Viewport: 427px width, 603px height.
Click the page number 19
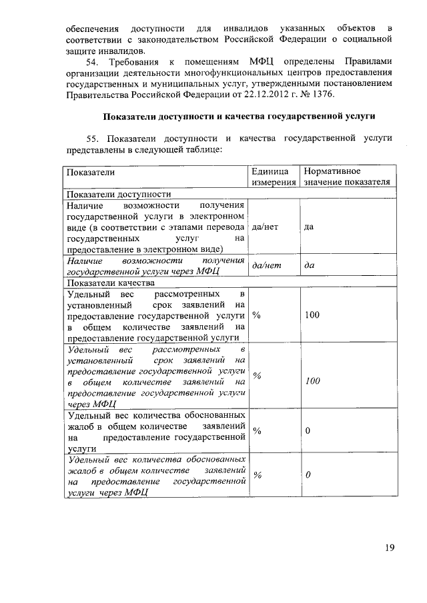tap(389, 548)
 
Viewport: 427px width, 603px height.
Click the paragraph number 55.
tap(93, 138)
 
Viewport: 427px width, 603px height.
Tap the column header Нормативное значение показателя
tap(346, 177)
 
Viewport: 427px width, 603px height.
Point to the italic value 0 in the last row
tap(308, 476)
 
